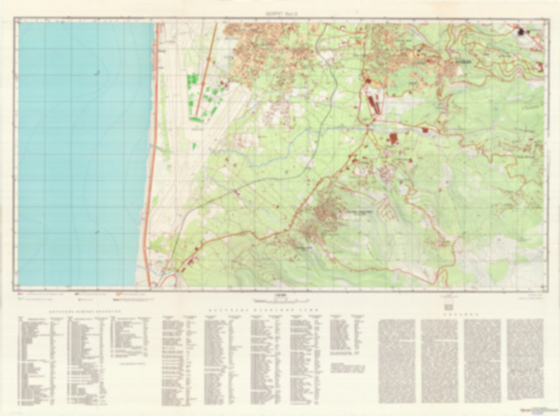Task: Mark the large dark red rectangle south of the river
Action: coord(394,138)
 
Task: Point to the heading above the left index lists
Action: coord(84,311)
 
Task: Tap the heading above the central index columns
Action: coord(263,311)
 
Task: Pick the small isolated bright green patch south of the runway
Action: coord(195,146)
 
